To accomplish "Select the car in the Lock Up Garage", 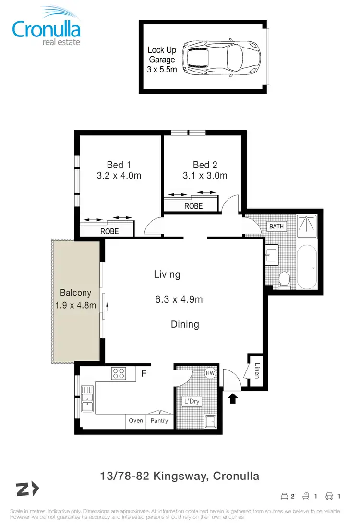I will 223,57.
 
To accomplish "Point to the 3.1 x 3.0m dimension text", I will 205,176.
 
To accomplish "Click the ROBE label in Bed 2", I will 193,206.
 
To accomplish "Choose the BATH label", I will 276,226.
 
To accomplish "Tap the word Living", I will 167,274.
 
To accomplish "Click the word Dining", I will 185,324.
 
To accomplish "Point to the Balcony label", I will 75,293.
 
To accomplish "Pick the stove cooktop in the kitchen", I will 119,373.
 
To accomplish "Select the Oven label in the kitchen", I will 136,420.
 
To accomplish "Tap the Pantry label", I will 159,420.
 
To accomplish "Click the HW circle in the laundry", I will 210,373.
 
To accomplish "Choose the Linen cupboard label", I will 257,370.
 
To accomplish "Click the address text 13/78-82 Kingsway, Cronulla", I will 180,476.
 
